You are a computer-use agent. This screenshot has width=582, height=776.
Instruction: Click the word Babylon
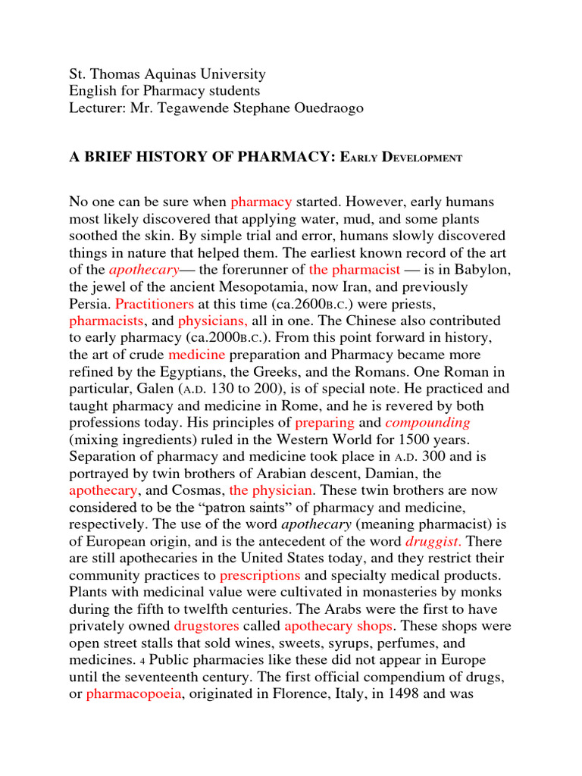click(486, 269)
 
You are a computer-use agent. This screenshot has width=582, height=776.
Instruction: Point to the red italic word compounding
click(428, 422)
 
